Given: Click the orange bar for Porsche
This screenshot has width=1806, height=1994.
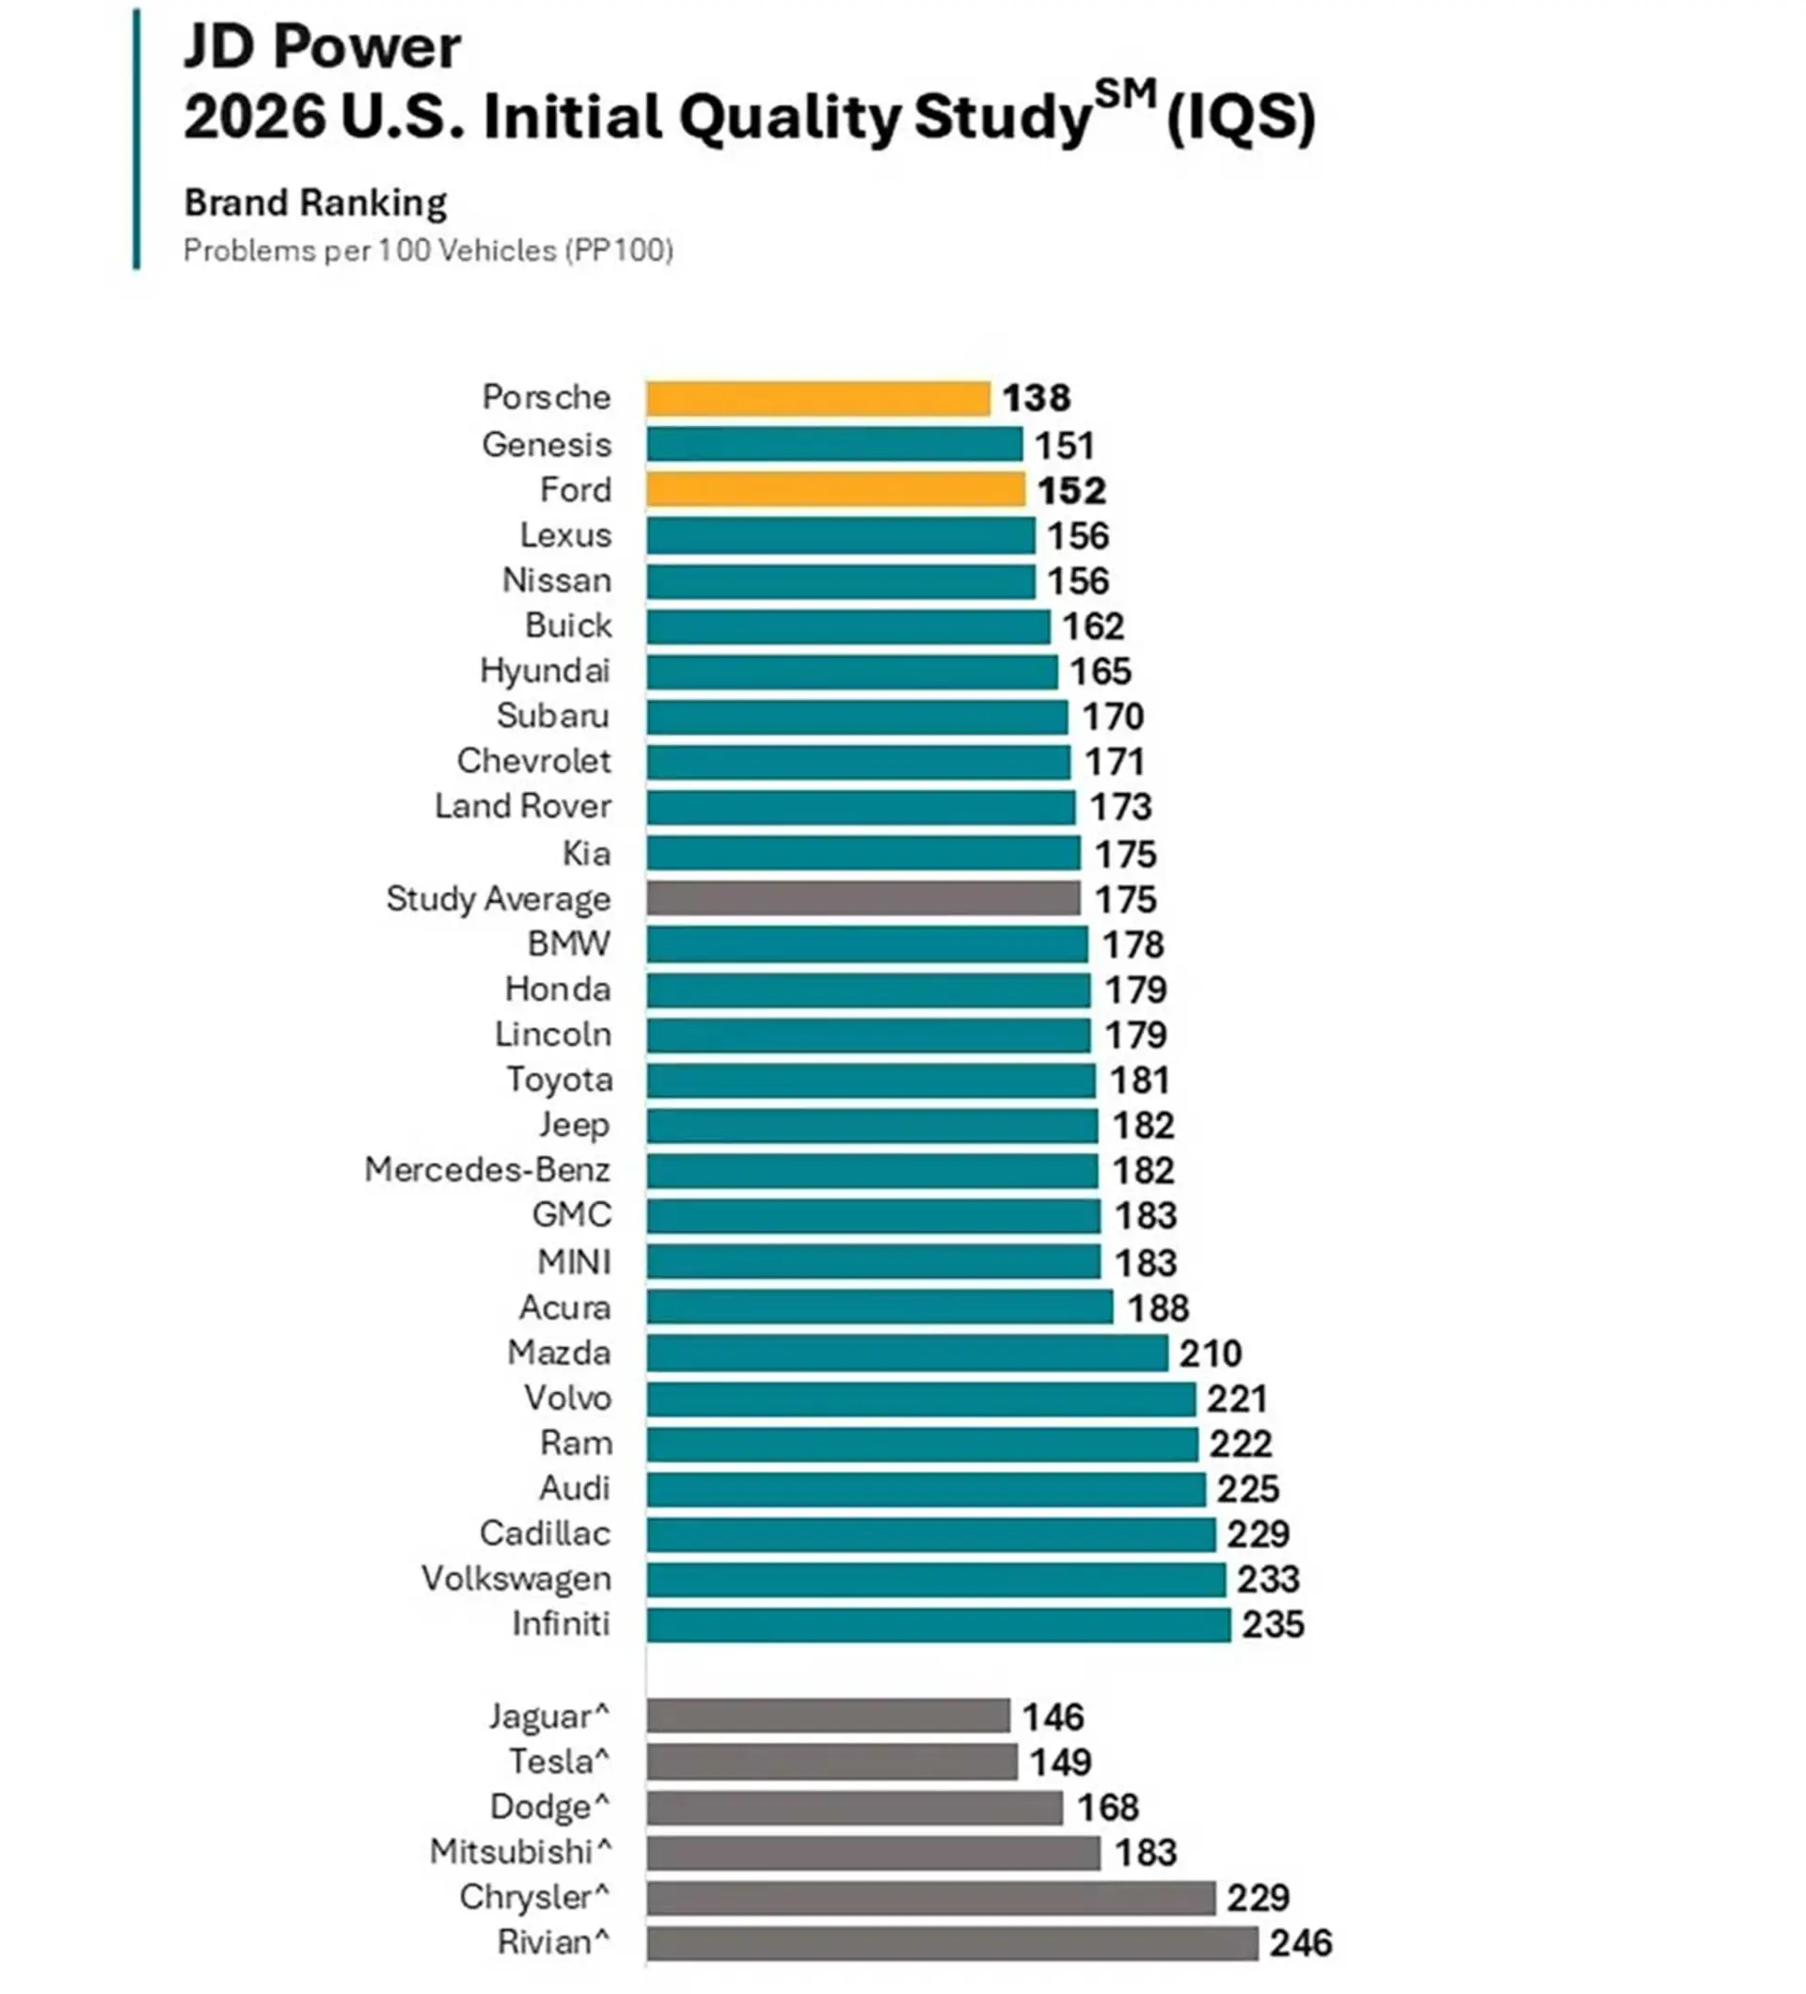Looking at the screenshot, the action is pyautogui.click(x=818, y=398).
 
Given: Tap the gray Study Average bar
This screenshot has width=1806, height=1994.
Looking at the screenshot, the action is pyautogui.click(x=863, y=898).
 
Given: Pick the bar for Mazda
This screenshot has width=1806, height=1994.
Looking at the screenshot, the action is pyautogui.click(x=907, y=1353).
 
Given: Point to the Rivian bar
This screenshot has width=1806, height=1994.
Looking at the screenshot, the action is pyautogui.click(x=953, y=1941).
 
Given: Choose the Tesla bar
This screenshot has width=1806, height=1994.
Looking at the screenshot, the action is pyautogui.click(x=832, y=1761).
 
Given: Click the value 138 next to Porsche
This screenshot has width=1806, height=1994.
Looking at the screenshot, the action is pyautogui.click(x=1037, y=398).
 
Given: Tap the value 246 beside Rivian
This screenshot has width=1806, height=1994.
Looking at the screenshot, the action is pyautogui.click(x=1301, y=1942).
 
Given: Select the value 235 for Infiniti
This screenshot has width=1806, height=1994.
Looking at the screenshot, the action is pyautogui.click(x=1273, y=1624).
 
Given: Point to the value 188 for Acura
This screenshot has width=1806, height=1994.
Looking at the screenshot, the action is pyautogui.click(x=1158, y=1307).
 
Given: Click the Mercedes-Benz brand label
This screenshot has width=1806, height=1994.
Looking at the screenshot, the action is pyautogui.click(x=487, y=1169).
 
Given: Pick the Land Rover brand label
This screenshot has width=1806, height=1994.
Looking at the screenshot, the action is pyautogui.click(x=523, y=806).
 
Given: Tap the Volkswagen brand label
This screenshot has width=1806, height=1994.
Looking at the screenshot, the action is pyautogui.click(x=516, y=1578).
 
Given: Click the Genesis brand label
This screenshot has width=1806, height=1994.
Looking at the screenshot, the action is pyautogui.click(x=547, y=445).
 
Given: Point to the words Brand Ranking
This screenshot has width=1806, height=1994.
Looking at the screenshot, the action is pyautogui.click(x=315, y=204).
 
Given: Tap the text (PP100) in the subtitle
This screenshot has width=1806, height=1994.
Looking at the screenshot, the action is pyautogui.click(x=619, y=250).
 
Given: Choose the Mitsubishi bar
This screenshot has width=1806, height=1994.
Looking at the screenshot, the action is pyautogui.click(x=873, y=1852).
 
